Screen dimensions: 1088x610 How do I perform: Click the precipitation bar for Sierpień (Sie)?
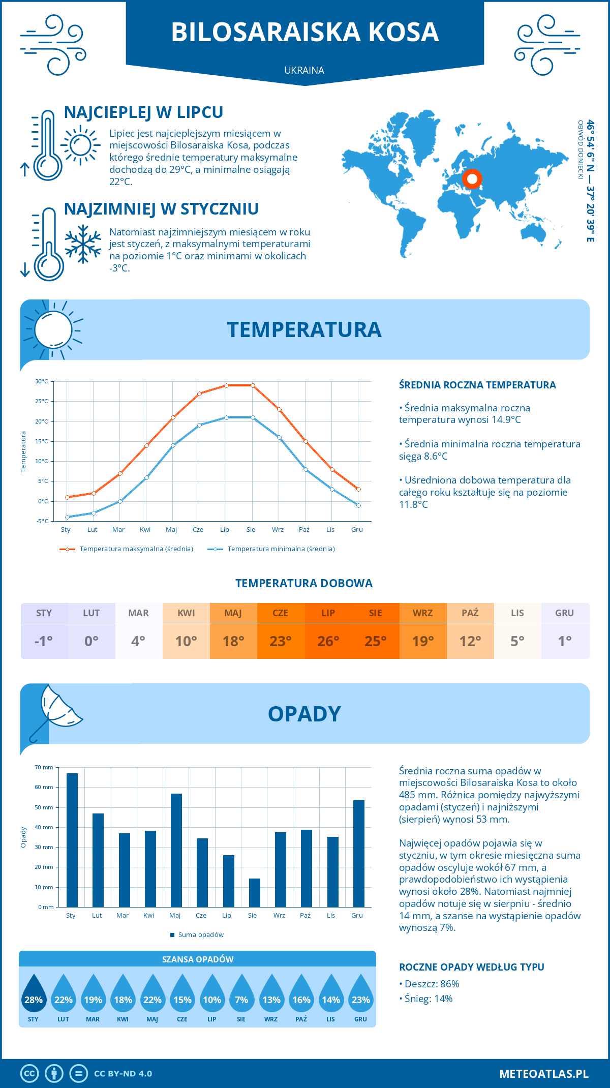[x=255, y=893]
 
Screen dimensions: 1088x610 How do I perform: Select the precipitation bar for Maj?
[x=176, y=850]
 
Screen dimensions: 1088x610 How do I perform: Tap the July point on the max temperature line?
[x=226, y=385]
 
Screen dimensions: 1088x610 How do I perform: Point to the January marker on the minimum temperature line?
[x=67, y=517]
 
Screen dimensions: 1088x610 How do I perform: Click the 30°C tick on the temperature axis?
[x=42, y=381]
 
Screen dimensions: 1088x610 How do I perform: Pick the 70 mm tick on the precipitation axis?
[x=44, y=767]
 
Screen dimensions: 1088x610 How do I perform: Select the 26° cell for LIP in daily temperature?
[x=328, y=641]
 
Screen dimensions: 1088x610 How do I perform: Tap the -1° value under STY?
[x=44, y=641]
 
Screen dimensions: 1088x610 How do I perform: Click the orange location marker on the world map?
[x=472, y=179]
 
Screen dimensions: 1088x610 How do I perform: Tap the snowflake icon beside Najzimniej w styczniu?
[x=83, y=244]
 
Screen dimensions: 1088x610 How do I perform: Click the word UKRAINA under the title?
[x=304, y=71]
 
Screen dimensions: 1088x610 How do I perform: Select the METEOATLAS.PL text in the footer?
[x=544, y=1074]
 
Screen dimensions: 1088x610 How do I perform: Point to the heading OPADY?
[x=304, y=714]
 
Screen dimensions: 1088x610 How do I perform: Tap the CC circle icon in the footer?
[x=29, y=1074]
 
